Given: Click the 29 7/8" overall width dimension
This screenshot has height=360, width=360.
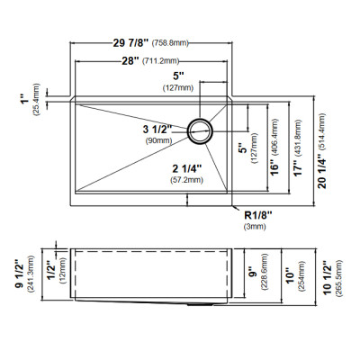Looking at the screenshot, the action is point(130,43).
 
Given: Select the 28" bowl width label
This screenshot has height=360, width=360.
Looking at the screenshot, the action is point(130,61).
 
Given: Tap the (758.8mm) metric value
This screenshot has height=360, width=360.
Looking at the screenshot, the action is point(170,43).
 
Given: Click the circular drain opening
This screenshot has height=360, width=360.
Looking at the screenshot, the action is point(200,130).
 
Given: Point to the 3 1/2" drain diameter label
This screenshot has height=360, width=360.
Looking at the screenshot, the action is point(157,130).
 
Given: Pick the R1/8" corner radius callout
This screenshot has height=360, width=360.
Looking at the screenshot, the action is point(258,215).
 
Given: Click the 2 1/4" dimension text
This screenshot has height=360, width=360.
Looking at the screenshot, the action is point(186,168).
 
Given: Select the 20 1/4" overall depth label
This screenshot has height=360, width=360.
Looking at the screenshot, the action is point(322,171).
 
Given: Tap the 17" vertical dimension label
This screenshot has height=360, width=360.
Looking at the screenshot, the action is point(298,169).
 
